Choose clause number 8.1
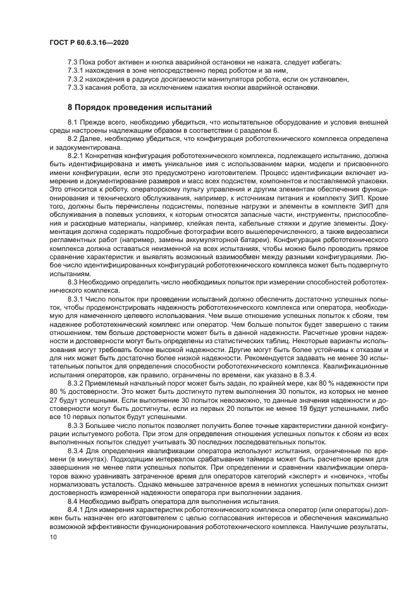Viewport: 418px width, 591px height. (x=73, y=121)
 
